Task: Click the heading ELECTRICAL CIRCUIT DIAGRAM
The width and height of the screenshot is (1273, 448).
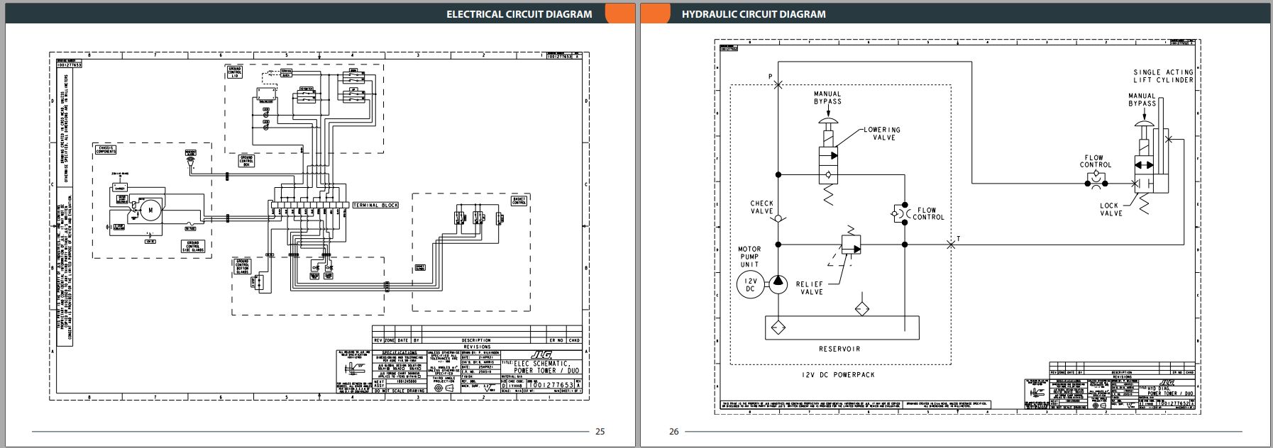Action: [x=519, y=14]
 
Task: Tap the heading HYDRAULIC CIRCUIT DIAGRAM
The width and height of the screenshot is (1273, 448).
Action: [x=754, y=14]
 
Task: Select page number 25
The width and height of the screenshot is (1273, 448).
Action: [x=600, y=431]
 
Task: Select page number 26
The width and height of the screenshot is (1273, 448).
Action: [x=673, y=431]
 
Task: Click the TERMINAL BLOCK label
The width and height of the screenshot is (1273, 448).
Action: [x=375, y=206]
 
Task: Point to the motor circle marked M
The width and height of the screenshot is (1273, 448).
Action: [x=150, y=208]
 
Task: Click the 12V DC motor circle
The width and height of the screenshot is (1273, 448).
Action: [x=749, y=284]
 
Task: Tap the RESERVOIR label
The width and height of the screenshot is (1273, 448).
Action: [x=839, y=349]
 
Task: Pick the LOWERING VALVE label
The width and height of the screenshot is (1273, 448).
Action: [x=882, y=133]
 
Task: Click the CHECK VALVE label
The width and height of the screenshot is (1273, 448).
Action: [x=761, y=207]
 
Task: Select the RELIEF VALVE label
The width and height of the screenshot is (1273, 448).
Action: [x=809, y=288]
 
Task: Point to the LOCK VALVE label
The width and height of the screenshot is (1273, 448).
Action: [x=1111, y=209]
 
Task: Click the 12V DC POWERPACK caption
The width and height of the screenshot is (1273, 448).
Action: [x=839, y=374]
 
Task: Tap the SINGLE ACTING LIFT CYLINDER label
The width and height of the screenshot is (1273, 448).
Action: [x=1163, y=76]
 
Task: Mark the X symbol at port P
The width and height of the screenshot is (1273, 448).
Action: [x=778, y=84]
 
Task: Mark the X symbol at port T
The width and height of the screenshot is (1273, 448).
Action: [x=951, y=245]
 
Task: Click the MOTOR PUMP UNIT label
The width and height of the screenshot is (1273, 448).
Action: [x=749, y=257]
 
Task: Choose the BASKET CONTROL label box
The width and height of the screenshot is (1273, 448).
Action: [x=519, y=201]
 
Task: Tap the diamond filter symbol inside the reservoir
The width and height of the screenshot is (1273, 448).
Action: [x=778, y=328]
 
